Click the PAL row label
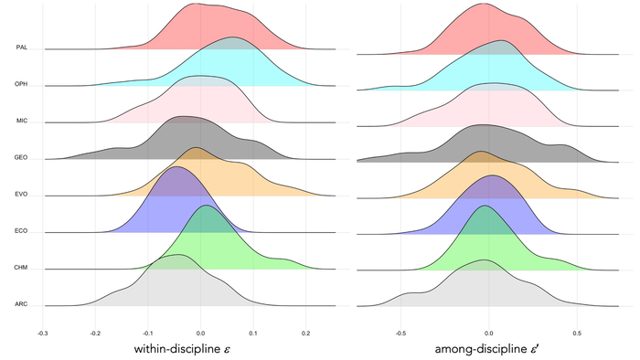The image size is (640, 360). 21,48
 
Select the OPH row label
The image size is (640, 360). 21,84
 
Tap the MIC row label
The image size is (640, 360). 21,121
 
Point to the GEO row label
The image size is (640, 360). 21,157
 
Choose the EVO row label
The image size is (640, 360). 21,194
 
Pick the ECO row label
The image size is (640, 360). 21,231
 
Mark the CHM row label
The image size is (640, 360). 21,268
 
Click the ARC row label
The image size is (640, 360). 21,304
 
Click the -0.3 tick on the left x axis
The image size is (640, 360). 42,334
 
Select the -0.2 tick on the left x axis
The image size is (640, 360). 95,334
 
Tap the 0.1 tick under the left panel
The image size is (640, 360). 253,334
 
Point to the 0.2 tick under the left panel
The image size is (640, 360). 306,334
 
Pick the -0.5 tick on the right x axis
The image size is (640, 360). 400,334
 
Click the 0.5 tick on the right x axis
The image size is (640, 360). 577,334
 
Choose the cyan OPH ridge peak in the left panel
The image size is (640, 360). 233,37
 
